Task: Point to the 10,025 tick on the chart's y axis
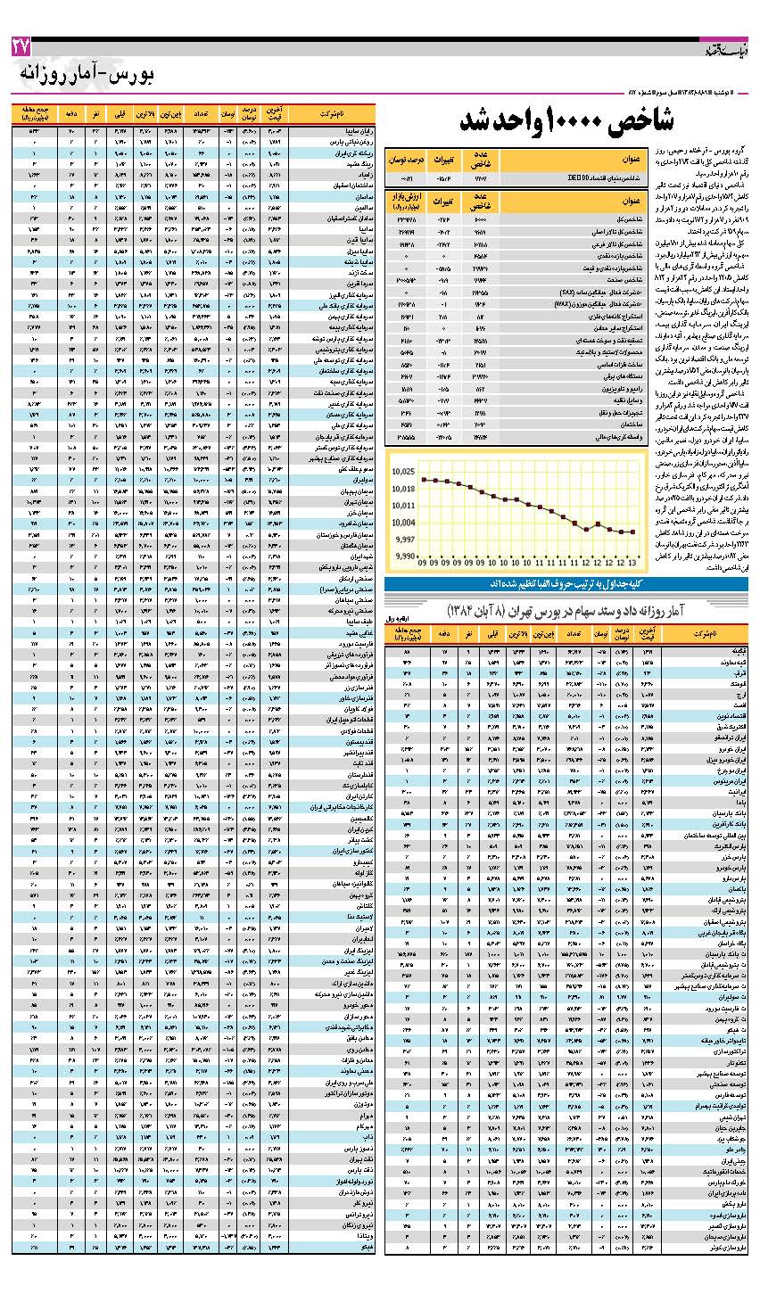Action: click(x=402, y=470)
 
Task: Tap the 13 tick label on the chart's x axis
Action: click(x=632, y=564)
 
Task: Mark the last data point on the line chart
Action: click(x=632, y=532)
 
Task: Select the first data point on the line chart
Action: click(x=423, y=480)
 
